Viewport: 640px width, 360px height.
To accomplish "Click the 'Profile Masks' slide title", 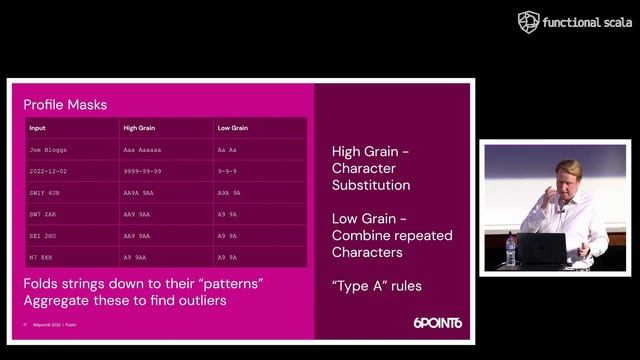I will click(x=65, y=105).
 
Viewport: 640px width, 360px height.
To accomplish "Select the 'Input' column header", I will click(x=37, y=128).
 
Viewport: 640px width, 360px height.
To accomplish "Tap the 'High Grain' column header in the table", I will click(x=139, y=128).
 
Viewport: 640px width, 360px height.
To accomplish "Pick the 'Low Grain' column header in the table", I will click(x=232, y=128).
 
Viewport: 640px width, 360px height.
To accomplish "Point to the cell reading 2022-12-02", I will click(x=47, y=170).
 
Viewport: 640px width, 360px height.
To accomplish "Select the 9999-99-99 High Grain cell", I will click(x=143, y=170).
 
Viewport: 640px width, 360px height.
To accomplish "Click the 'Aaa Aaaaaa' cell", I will click(x=142, y=149).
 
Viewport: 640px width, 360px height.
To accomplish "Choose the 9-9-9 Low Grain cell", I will click(x=228, y=170).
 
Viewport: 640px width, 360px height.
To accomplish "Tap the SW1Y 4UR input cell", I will click(x=45, y=192).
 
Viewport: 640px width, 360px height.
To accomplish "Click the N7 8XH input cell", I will click(x=41, y=257).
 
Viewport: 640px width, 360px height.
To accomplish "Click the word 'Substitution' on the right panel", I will click(x=371, y=185).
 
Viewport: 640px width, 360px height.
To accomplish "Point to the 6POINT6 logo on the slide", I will click(x=437, y=323).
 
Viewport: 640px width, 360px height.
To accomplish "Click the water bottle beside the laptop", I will click(x=511, y=250).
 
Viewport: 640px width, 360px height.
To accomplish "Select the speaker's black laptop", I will click(x=543, y=249).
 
